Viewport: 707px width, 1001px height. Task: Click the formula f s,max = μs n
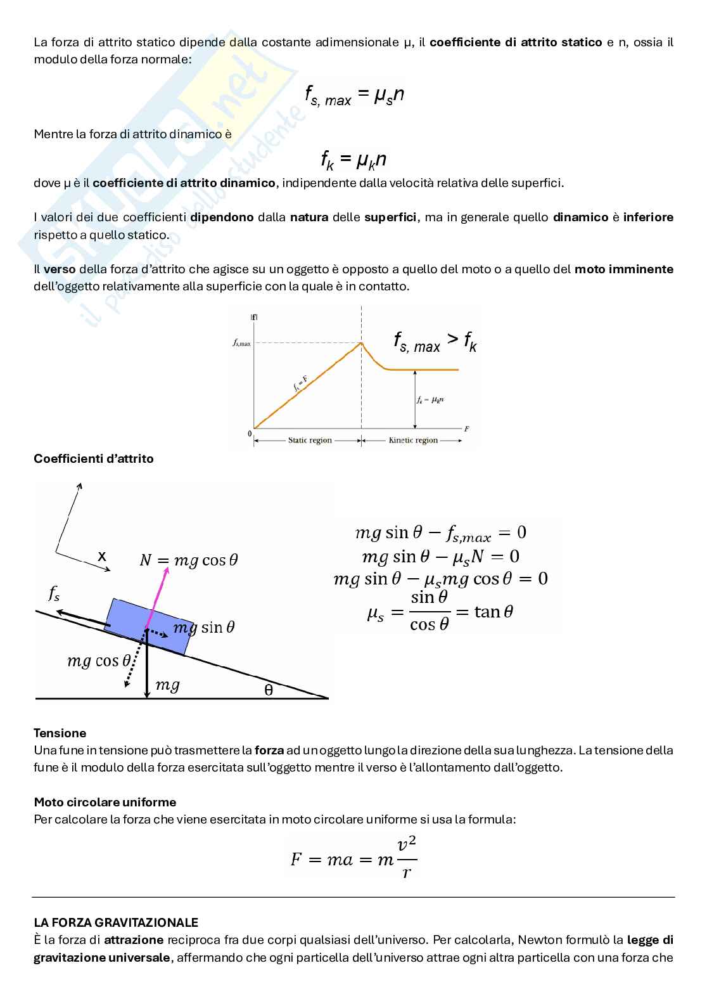(354, 96)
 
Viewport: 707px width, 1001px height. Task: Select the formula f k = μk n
(353, 160)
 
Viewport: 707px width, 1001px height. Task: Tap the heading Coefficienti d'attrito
(93, 458)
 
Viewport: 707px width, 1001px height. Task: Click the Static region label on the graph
(310, 440)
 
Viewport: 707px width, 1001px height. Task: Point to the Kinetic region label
(413, 440)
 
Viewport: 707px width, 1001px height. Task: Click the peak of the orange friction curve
(361, 344)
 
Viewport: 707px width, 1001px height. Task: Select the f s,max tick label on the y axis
(241, 343)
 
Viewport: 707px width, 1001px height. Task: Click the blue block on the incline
(150, 625)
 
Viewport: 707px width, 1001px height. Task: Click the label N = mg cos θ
(188, 560)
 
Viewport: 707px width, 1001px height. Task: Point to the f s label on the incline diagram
(54, 593)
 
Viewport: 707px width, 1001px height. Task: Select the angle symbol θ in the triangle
(269, 690)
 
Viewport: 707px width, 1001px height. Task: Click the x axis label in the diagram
(101, 557)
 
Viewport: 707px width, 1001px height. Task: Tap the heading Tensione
(60, 733)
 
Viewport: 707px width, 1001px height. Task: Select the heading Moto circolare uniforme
(105, 802)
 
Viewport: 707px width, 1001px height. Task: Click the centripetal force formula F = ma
(353, 859)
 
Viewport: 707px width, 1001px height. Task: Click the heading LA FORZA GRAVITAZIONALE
(116, 922)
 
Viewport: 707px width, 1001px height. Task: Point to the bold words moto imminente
(623, 269)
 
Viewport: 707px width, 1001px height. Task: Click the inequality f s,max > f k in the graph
(435, 343)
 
